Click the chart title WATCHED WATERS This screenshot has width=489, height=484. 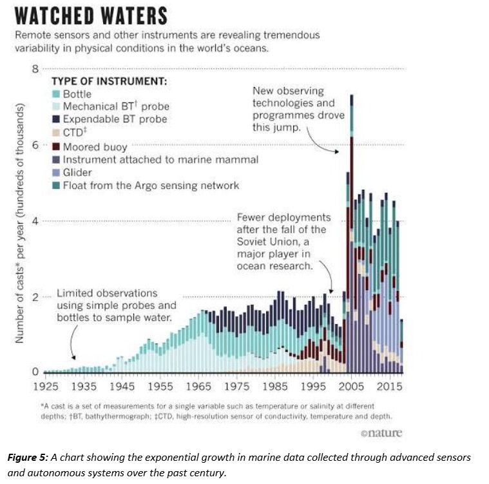90,15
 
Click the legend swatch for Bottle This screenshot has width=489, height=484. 55,94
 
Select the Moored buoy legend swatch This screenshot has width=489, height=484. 55,146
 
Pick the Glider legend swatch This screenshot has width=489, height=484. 55,172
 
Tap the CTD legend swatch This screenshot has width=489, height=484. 55,133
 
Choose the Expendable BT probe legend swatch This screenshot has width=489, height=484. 55,120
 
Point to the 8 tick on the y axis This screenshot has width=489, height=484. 36,69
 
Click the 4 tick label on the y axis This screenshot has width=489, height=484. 36,221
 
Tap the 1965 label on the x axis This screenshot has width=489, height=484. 198,387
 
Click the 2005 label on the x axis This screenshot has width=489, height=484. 351,387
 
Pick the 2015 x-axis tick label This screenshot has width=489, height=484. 389,387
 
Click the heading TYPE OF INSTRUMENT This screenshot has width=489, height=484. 109,81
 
